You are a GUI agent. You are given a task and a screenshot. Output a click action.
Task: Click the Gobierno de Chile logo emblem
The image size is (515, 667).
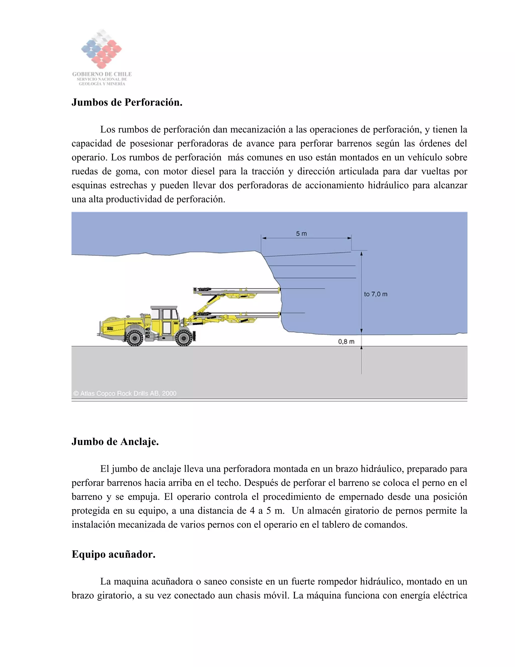pyautogui.click(x=101, y=49)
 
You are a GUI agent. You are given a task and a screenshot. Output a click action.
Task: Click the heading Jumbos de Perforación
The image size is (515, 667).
pyautogui.click(x=127, y=102)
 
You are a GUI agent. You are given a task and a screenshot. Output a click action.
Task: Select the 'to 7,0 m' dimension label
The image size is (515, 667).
pyautogui.click(x=376, y=294)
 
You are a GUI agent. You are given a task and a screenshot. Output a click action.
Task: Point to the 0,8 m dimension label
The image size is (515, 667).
pyautogui.click(x=346, y=342)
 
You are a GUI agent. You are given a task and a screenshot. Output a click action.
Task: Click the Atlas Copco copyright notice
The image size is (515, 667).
pyautogui.click(x=125, y=393)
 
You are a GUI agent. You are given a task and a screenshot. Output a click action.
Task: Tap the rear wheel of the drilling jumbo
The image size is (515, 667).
pyautogui.click(x=135, y=338)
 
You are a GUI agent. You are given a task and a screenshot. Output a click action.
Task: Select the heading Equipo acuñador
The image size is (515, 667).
pyautogui.click(x=113, y=554)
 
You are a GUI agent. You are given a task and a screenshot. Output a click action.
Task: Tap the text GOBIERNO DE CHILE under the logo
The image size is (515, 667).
pyautogui.click(x=102, y=74)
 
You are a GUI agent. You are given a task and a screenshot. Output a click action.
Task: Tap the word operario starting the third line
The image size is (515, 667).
pyautogui.click(x=89, y=158)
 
